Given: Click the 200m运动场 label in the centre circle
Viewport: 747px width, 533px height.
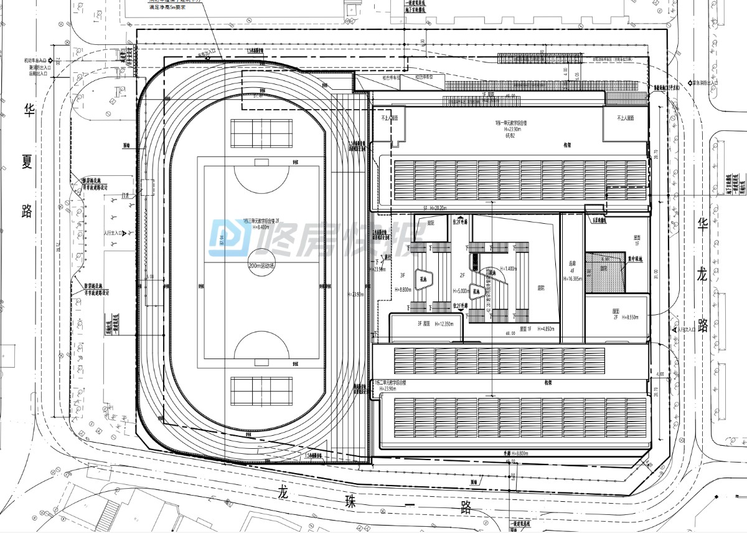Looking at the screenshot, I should point(261,266).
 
